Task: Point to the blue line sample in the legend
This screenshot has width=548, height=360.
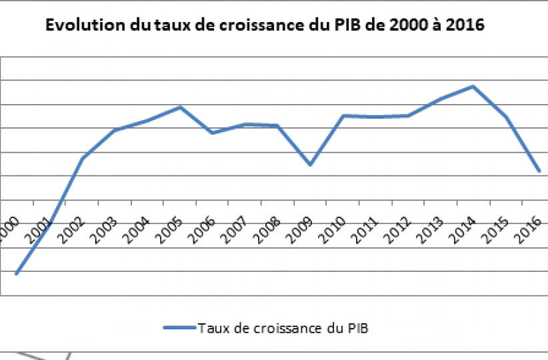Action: point(178,327)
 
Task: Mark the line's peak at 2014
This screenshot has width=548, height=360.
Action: point(473,86)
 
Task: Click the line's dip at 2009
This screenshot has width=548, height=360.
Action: point(310,164)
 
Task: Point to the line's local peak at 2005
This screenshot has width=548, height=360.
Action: point(180,107)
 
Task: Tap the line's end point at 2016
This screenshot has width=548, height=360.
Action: point(539,171)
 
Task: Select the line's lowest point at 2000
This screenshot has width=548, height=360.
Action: point(16,273)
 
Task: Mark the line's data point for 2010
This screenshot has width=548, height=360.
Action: point(343,115)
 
